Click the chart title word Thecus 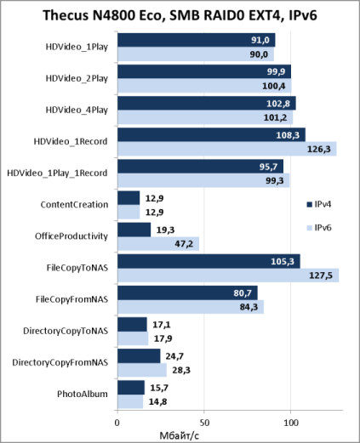pos(65,15)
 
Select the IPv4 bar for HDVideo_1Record pos(212,135)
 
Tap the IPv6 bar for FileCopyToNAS pos(228,275)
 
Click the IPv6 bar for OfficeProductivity pos(158,244)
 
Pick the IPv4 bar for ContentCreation pos(129,198)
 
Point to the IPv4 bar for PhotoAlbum pos(131,388)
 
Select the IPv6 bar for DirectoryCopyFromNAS pos(142,370)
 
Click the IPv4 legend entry pos(319,204)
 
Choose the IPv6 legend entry pos(319,228)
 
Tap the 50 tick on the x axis pos(204,423)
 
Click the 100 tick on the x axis pos(291,423)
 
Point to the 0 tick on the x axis pos(117,423)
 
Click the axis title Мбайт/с pos(180,435)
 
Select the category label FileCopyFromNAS pos(71,299)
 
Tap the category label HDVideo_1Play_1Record pos(57,173)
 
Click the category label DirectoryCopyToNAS pos(66,331)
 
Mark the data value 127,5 pos(321,275)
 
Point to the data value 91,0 pos(260,40)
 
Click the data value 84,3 pos(249,307)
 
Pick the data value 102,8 pos(278,104)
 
